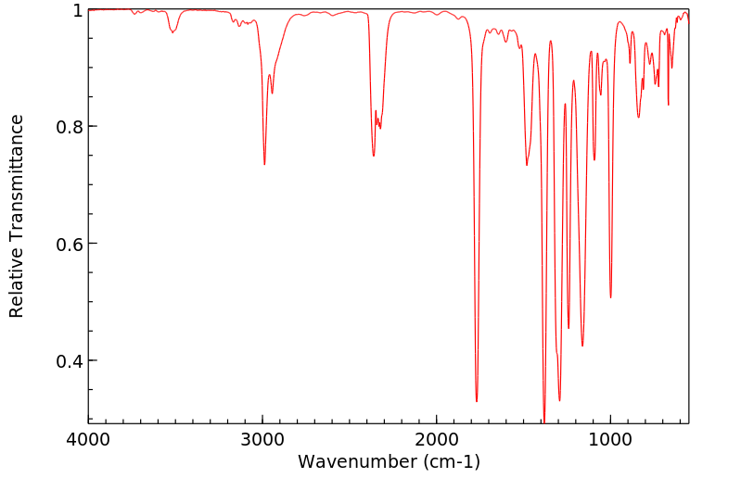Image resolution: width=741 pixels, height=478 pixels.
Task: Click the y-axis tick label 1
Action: coord(78,10)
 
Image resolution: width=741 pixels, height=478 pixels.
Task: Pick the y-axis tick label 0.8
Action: coord(69,127)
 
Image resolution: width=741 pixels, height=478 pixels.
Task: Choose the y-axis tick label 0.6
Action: coord(69,244)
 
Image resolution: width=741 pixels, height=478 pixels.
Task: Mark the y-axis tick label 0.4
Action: coord(69,360)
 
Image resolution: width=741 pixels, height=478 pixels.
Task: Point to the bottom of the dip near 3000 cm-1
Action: coord(264,164)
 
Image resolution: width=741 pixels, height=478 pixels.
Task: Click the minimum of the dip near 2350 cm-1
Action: coord(374,156)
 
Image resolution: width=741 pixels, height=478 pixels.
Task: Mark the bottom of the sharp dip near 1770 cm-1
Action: coord(477,401)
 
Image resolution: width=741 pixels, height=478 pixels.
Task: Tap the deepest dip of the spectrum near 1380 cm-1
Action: coord(544,421)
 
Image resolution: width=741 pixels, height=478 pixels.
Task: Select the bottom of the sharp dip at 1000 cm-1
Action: coord(610,297)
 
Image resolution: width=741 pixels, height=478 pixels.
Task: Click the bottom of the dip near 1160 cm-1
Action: coord(582,346)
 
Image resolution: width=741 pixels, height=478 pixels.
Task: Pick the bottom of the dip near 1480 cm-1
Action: coord(527,165)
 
